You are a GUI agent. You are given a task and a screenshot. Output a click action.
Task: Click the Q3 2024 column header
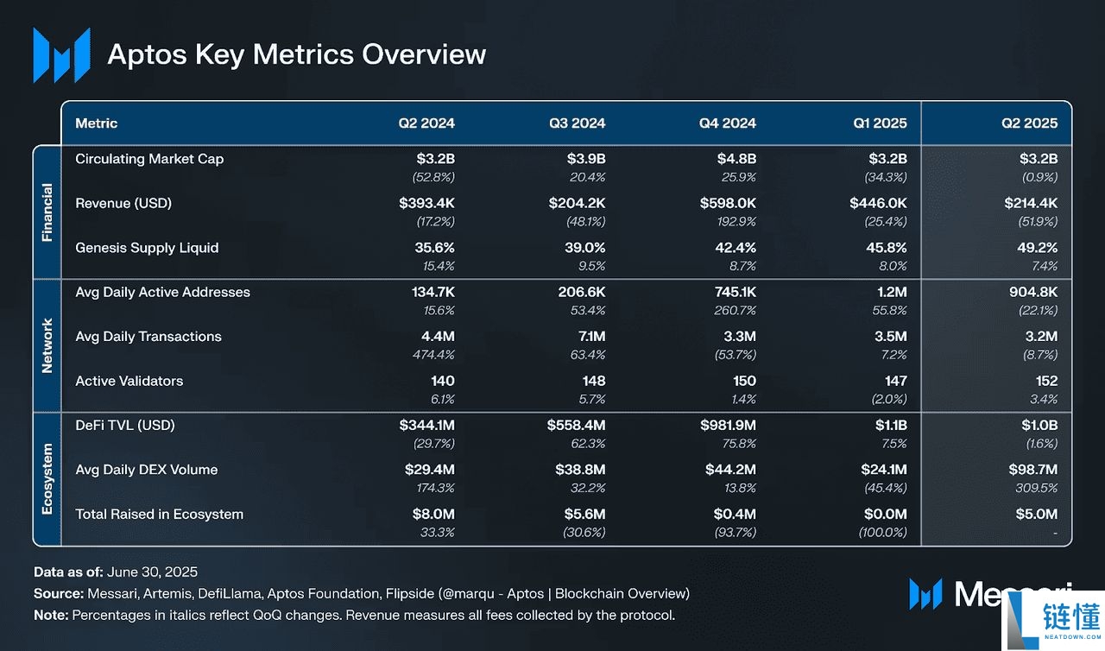577,123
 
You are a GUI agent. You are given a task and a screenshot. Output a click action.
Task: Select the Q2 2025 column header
1029,123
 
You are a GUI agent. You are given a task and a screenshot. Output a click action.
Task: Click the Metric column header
97,123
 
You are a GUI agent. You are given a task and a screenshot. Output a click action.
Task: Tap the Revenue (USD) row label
123,204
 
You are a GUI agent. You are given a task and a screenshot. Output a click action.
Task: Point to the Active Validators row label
129,381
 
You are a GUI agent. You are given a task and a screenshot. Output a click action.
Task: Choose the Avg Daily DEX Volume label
146,470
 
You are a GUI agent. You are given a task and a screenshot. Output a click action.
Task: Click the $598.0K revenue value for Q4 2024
728,204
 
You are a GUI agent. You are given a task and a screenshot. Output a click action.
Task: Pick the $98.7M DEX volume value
1032,470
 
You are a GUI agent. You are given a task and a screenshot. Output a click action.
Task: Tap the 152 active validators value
1045,381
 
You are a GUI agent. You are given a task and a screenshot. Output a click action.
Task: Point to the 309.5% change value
1036,488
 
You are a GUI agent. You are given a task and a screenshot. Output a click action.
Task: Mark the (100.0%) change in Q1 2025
882,533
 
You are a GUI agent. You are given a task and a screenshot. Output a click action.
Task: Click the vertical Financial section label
47,212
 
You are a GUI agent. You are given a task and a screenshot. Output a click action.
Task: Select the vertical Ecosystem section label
47,478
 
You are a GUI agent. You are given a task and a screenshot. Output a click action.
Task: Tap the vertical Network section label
47,345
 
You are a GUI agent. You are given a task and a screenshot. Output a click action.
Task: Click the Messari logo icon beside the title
61,55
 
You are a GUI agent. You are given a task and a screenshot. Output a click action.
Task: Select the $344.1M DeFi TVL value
426,426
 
